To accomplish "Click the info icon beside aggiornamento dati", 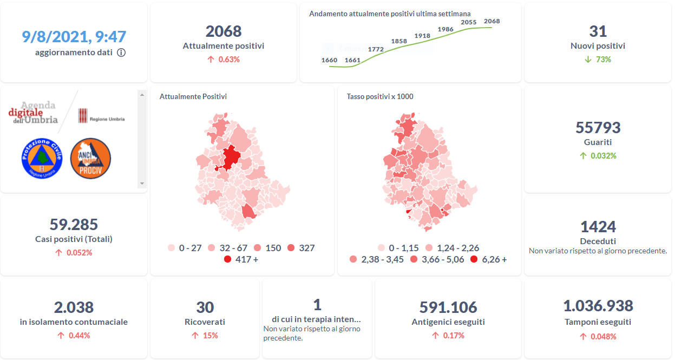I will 121,53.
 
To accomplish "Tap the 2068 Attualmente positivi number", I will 224,31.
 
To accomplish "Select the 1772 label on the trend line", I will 375,49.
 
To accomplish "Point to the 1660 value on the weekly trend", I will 329,60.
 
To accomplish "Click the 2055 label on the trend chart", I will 468,22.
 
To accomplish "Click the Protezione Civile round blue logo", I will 42,158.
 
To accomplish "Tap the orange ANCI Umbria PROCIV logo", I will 91,158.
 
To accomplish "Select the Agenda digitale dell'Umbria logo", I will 34,112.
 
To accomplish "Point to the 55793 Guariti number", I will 598,128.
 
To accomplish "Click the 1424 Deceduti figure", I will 598,226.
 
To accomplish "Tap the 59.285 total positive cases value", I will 74,224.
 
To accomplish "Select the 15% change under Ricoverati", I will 211,336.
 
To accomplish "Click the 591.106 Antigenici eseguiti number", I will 448,307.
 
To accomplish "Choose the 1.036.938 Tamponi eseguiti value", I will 598,306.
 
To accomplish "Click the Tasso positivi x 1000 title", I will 380,96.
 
